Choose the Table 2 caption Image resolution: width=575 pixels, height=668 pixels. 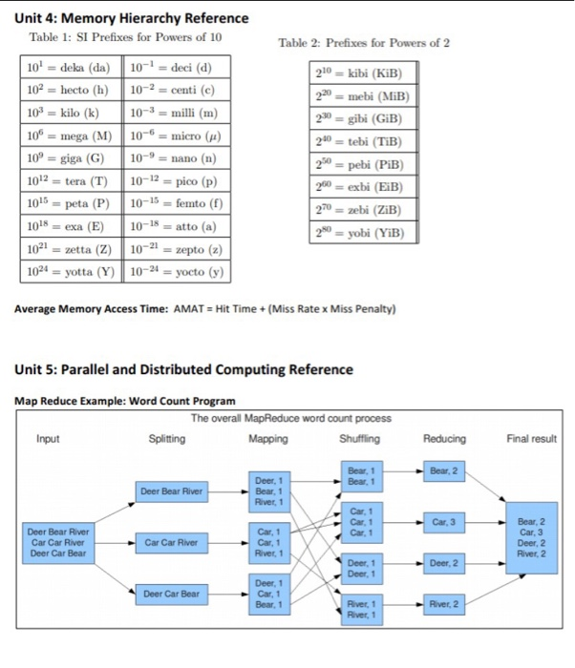pos(363,43)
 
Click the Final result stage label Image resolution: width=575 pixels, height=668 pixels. pos(531,439)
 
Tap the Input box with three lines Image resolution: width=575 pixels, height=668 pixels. pos(59,543)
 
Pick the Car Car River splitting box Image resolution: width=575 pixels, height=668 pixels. pos(172,543)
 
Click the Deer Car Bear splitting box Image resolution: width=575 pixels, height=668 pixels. pos(172,594)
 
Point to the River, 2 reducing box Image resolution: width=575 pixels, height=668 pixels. pos(446,603)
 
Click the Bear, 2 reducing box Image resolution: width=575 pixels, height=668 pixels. pos(446,470)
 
